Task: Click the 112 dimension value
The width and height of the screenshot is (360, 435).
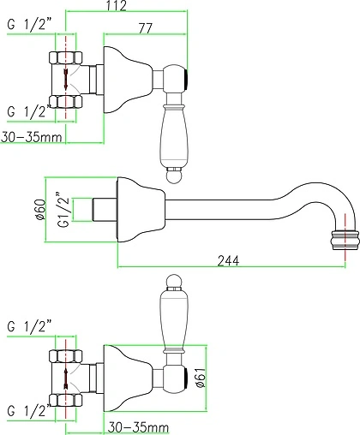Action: pyautogui.click(x=117, y=6)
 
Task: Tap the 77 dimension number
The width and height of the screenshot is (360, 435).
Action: pyautogui.click(x=146, y=28)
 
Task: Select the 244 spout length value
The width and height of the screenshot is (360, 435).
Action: pyautogui.click(x=228, y=260)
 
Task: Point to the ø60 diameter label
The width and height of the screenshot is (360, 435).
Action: pyautogui.click(x=41, y=210)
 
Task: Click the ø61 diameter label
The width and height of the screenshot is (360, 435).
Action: pyautogui.click(x=201, y=377)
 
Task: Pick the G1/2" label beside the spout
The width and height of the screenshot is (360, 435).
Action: pyautogui.click(x=63, y=210)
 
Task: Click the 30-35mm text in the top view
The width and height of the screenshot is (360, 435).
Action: pyautogui.click(x=32, y=137)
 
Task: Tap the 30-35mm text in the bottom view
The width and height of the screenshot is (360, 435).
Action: pyautogui.click(x=139, y=427)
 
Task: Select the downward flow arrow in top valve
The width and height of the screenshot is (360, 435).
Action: pyautogui.click(x=66, y=79)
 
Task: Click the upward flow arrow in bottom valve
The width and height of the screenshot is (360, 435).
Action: pyautogui.click(x=66, y=378)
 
